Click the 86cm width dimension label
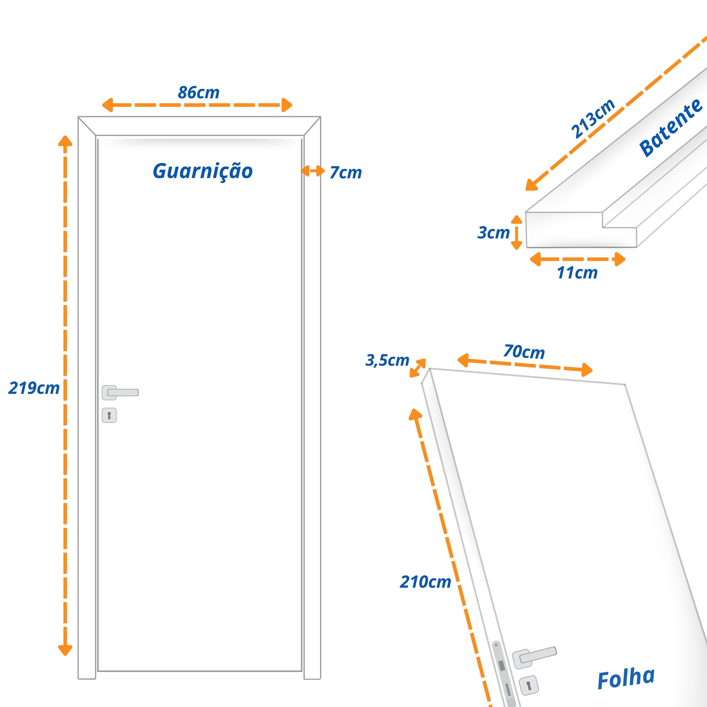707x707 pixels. click(198, 93)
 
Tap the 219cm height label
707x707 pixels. click(34, 388)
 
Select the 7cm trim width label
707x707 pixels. click(345, 173)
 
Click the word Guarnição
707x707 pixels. click(203, 171)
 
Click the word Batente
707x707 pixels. click(670, 128)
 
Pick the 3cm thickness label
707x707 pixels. click(493, 232)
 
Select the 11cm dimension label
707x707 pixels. click(577, 273)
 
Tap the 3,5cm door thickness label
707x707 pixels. click(387, 360)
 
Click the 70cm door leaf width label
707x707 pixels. click(524, 352)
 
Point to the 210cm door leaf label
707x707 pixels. click(425, 582)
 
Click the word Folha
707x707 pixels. click(626, 679)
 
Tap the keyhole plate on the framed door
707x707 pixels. click(109, 415)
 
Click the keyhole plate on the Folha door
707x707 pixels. click(528, 685)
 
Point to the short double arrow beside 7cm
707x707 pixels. click(313, 171)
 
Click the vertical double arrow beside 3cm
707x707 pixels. click(517, 232)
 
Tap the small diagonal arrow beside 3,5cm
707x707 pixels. click(418, 368)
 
